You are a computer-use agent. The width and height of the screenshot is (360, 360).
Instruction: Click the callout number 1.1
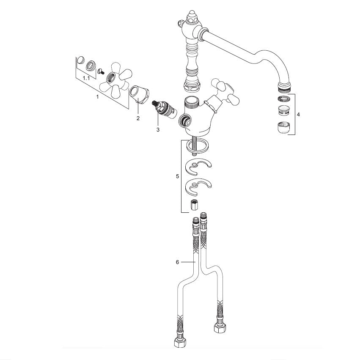pyautogui.click(x=86, y=78)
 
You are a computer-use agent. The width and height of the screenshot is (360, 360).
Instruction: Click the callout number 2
pyautogui.click(x=138, y=118)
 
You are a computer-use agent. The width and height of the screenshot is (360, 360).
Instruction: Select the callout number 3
pyautogui.click(x=158, y=130)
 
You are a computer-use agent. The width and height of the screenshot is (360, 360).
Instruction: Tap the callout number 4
pyautogui.click(x=298, y=114)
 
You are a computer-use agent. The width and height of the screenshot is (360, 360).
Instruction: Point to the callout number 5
pyautogui.click(x=177, y=176)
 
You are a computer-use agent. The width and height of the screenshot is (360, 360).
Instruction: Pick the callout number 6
pyautogui.click(x=177, y=262)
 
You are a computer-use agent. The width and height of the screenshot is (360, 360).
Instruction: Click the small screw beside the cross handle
pyautogui.click(x=101, y=71)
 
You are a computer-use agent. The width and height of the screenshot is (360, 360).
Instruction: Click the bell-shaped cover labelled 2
pyautogui.click(x=139, y=94)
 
